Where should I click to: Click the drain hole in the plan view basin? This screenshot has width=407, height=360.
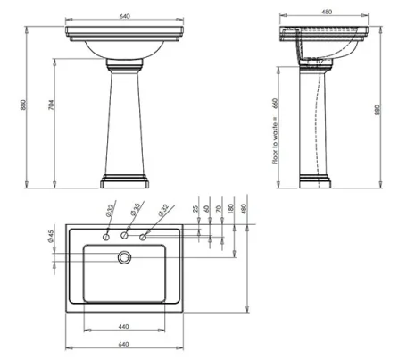click(124, 257)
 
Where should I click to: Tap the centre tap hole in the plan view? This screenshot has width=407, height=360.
click(124, 237)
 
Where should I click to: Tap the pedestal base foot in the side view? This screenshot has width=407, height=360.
click(316, 181)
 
